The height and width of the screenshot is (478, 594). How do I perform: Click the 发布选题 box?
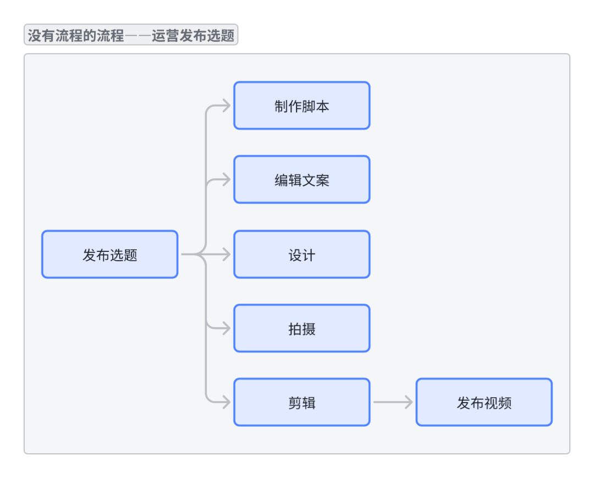tap(109, 254)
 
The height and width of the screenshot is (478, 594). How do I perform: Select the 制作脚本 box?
tap(301, 106)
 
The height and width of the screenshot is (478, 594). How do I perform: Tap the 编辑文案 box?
tap(301, 179)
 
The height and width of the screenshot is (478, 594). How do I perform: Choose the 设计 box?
tap(301, 254)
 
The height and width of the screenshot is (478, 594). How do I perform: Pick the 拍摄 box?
tap(301, 328)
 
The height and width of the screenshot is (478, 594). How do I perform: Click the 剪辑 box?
tap(301, 402)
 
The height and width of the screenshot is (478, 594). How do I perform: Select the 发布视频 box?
tap(483, 402)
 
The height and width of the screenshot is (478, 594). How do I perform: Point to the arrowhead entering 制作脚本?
tap(226, 106)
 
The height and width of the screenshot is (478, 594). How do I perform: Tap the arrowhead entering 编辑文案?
tap(226, 180)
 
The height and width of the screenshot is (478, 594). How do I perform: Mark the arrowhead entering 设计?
tap(226, 254)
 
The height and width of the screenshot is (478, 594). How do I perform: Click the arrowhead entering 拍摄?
tap(226, 328)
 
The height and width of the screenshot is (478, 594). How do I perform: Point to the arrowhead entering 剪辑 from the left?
tap(226, 402)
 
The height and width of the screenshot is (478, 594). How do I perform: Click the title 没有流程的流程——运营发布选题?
tap(131, 36)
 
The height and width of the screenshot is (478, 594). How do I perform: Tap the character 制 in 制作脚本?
tap(281, 106)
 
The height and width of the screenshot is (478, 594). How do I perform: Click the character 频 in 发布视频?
tap(504, 403)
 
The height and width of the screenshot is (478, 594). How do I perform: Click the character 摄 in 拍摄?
tap(309, 329)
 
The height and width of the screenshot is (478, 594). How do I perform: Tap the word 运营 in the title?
tap(166, 36)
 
